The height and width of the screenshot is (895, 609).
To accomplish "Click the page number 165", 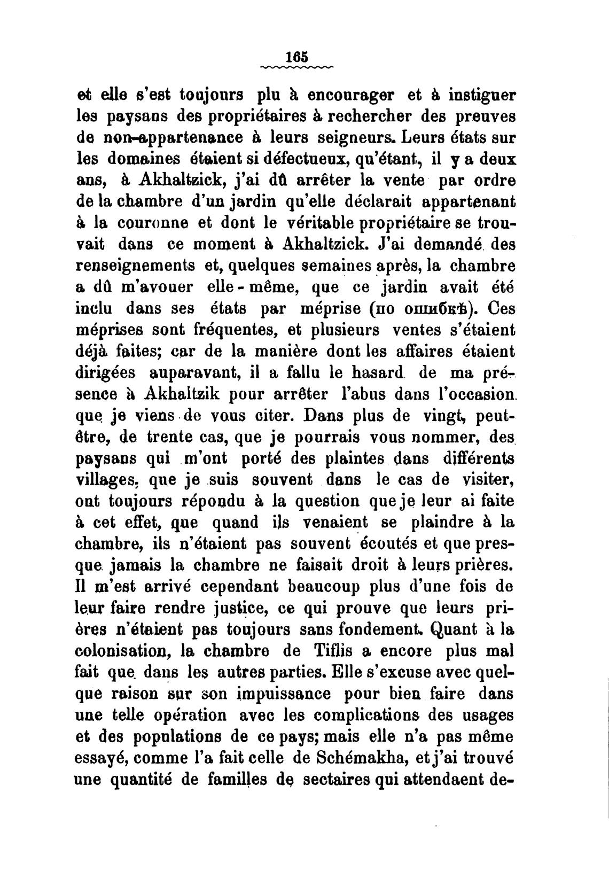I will [297, 57].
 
